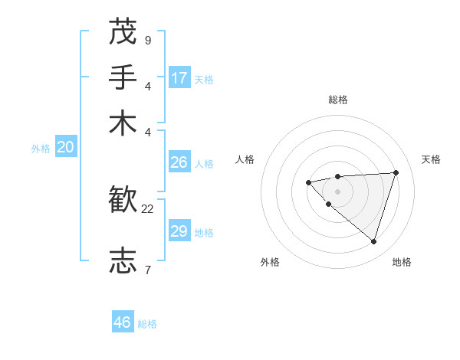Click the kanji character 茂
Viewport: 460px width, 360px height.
tap(123, 32)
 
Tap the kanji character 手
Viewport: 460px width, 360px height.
tap(123, 77)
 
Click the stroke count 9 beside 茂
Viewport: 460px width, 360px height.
tap(147, 40)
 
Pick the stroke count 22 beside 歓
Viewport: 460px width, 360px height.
tap(148, 208)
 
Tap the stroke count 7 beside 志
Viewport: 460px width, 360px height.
tap(147, 269)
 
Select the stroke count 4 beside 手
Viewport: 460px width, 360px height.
tap(147, 86)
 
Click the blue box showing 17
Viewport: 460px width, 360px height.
tap(179, 78)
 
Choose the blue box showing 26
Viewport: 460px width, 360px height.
tap(179, 162)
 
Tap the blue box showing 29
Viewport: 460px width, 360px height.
tap(179, 231)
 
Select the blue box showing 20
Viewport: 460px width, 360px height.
tap(65, 148)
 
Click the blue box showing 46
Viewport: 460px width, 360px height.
tap(123, 322)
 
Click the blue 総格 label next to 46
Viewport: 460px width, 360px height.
tap(147, 324)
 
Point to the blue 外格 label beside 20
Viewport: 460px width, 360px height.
tap(41, 149)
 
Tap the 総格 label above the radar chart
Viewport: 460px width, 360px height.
tap(337, 100)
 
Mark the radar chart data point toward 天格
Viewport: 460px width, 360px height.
tap(396, 172)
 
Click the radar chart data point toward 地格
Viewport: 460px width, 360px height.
tap(373, 242)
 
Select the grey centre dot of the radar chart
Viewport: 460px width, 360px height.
tap(337, 191)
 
